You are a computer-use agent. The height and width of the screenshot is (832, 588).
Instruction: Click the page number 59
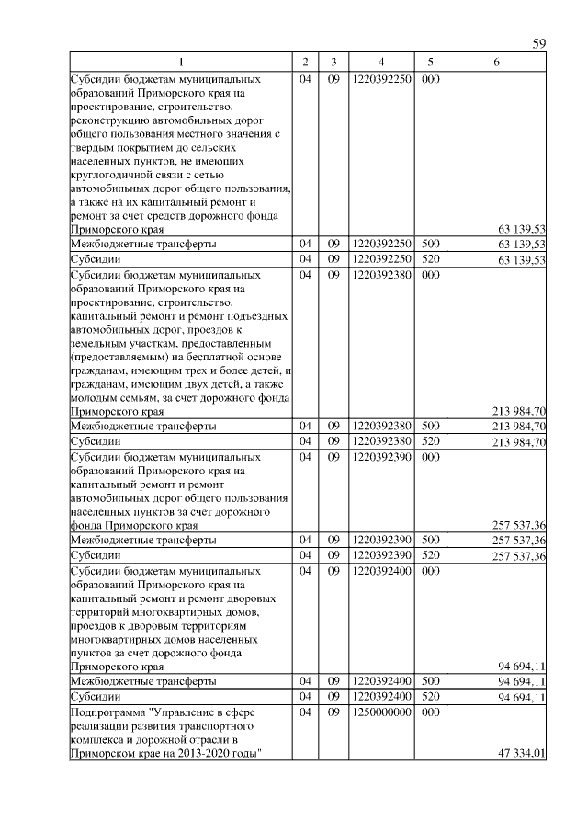tap(540, 44)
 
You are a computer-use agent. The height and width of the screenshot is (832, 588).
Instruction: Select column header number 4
tap(380, 62)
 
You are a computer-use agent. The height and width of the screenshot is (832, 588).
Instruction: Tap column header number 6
tap(496, 62)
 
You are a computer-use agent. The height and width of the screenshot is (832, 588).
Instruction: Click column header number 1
tap(180, 62)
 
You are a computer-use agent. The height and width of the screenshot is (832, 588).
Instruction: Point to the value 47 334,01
tap(521, 753)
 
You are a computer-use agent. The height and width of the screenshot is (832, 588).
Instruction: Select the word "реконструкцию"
tap(110, 121)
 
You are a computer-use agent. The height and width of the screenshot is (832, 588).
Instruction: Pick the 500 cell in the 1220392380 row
tap(429, 427)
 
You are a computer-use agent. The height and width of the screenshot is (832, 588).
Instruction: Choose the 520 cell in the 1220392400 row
tap(429, 696)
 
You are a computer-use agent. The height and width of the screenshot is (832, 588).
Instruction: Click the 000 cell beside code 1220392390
tap(429, 456)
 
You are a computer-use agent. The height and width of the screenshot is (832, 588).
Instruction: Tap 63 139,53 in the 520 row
tap(521, 260)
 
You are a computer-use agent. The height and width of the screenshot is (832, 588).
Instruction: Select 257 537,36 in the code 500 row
tap(520, 540)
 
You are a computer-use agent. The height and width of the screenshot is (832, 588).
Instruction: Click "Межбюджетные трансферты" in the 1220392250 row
tap(144, 245)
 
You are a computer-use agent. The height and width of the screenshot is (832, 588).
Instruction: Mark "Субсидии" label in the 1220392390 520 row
tap(96, 555)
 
